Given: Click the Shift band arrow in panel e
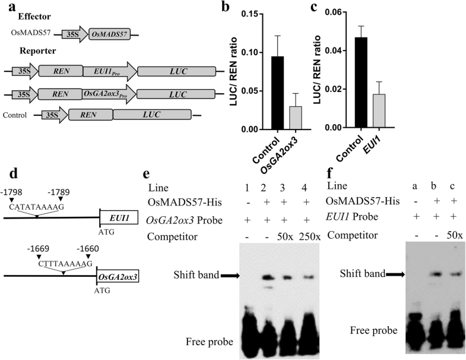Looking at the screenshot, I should (233, 275).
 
